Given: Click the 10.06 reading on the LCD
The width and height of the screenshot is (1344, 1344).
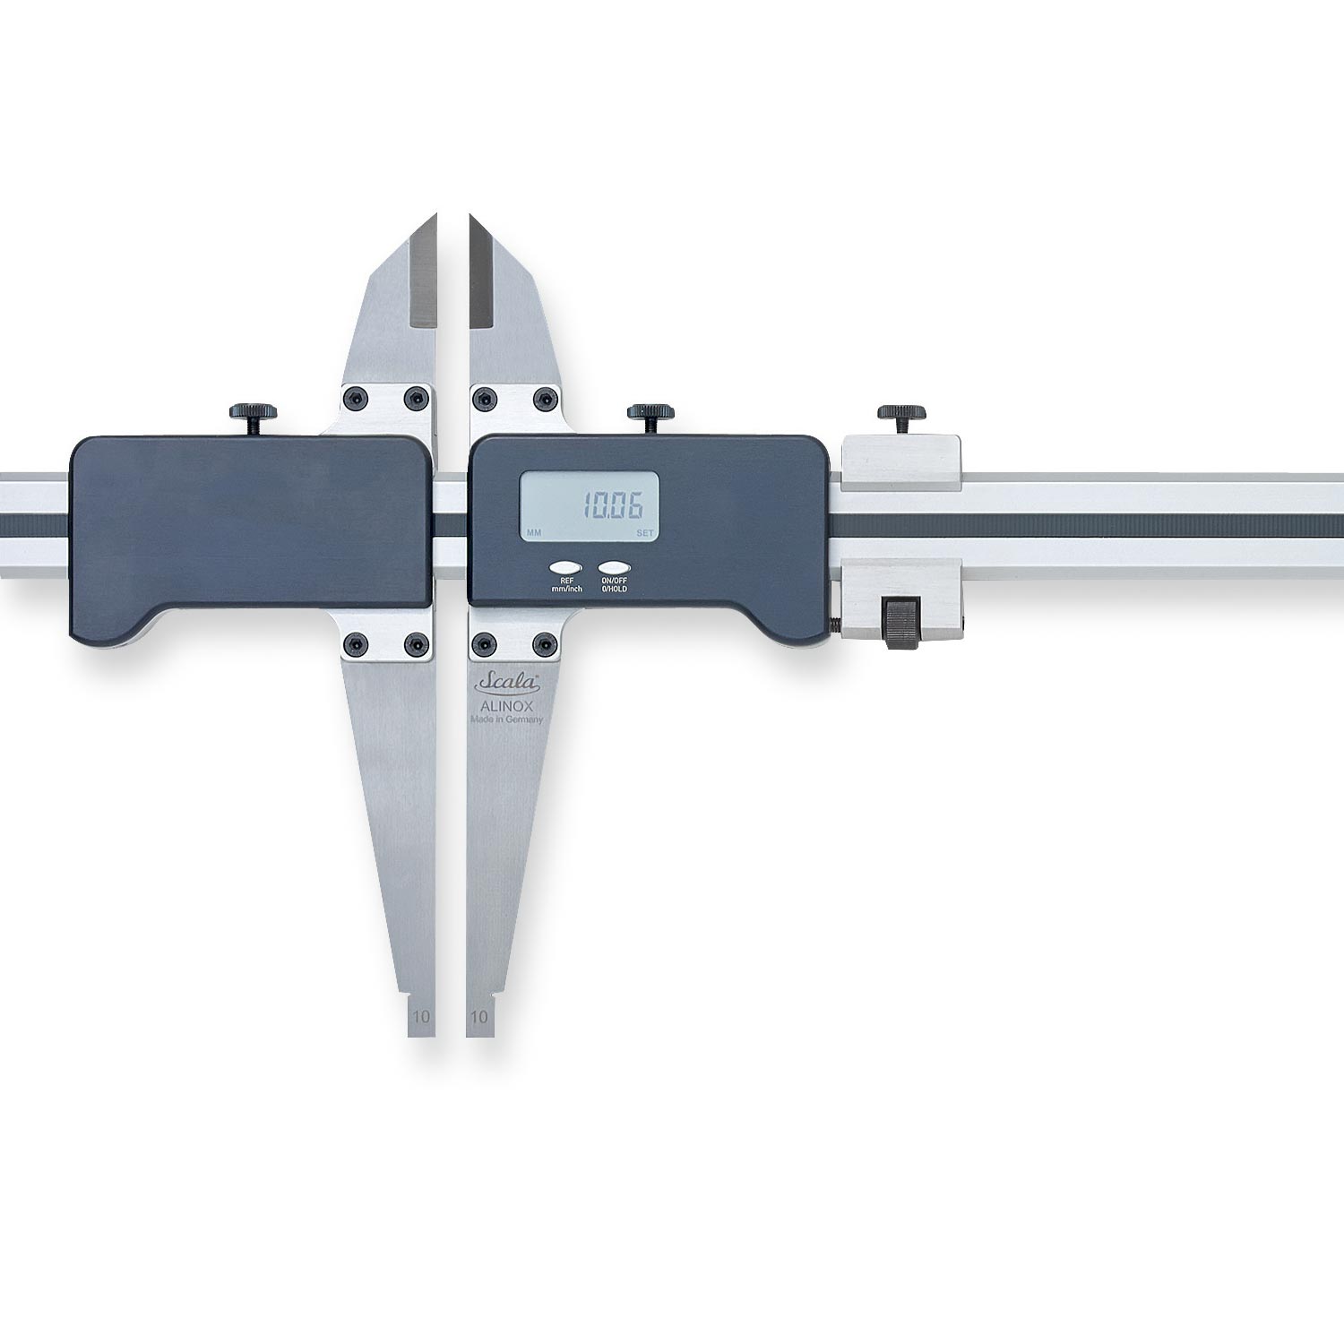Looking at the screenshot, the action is pos(614,506).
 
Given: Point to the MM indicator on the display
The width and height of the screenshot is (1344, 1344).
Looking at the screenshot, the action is pos(534,533).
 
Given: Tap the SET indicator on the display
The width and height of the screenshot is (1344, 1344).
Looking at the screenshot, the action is pos(645,533).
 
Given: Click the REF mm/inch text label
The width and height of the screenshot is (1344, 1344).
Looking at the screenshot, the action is pos(566,585).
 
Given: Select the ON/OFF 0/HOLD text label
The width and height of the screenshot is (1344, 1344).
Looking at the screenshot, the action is pos(615,585).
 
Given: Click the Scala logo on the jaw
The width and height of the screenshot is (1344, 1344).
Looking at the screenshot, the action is pos(507,684).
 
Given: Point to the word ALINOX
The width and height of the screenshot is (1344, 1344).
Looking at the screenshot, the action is pos(507,706).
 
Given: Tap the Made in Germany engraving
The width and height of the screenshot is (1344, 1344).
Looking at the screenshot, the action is pos(507,719).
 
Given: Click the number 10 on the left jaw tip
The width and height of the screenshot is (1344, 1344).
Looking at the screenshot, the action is pos(421,1017).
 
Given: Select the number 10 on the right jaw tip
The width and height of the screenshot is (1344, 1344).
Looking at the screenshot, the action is pos(479,1017).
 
